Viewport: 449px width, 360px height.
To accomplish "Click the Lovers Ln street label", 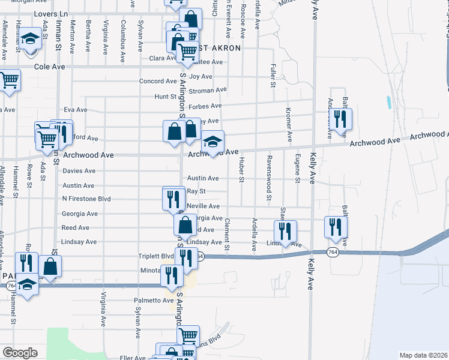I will coord(52,13).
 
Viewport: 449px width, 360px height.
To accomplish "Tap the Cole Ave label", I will coord(49,67).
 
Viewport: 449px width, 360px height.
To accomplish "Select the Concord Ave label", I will coord(158,81).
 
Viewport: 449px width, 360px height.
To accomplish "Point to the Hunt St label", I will coord(165,96).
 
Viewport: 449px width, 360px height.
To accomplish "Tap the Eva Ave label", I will coord(76,110).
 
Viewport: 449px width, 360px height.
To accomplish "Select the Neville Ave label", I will coord(203,206).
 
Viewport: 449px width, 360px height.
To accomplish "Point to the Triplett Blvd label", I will coord(156,256).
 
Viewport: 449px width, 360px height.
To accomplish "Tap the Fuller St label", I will coord(273,74).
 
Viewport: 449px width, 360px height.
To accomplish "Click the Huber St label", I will coord(242,169).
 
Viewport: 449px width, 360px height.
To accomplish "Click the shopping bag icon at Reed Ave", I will coord(185,225).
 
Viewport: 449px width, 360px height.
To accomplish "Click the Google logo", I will coord(20,353).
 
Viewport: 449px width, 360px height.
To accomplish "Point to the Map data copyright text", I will coord(423,355).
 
